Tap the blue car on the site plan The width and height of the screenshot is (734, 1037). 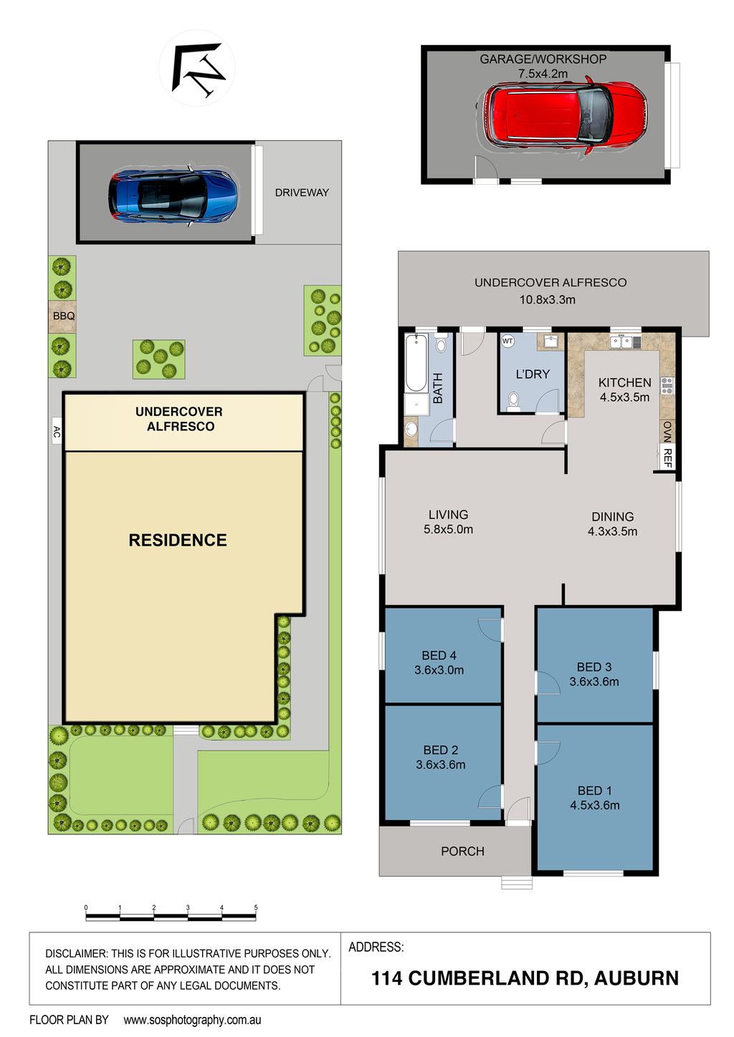(x=173, y=196)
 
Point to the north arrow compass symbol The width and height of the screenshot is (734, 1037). (x=197, y=69)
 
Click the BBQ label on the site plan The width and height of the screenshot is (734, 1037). (x=64, y=317)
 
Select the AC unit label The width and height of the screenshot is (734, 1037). (x=57, y=432)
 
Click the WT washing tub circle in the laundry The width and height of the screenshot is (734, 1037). (x=508, y=341)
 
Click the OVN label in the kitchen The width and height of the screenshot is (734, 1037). (x=668, y=431)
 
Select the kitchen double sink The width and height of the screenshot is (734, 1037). (x=621, y=342)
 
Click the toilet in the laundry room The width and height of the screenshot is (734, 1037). (x=513, y=401)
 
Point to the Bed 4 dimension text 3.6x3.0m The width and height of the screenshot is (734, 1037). (x=439, y=670)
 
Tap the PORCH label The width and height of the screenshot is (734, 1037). (x=462, y=852)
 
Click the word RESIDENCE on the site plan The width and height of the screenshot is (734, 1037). (x=178, y=540)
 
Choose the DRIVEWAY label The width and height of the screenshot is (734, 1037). (x=302, y=193)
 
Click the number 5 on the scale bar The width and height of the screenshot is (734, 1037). (x=256, y=908)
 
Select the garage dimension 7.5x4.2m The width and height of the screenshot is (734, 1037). (x=543, y=74)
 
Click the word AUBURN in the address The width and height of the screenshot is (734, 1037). (x=637, y=978)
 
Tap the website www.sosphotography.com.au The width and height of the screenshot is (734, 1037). (x=192, y=1021)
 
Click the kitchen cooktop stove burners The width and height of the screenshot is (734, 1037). (x=667, y=385)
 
